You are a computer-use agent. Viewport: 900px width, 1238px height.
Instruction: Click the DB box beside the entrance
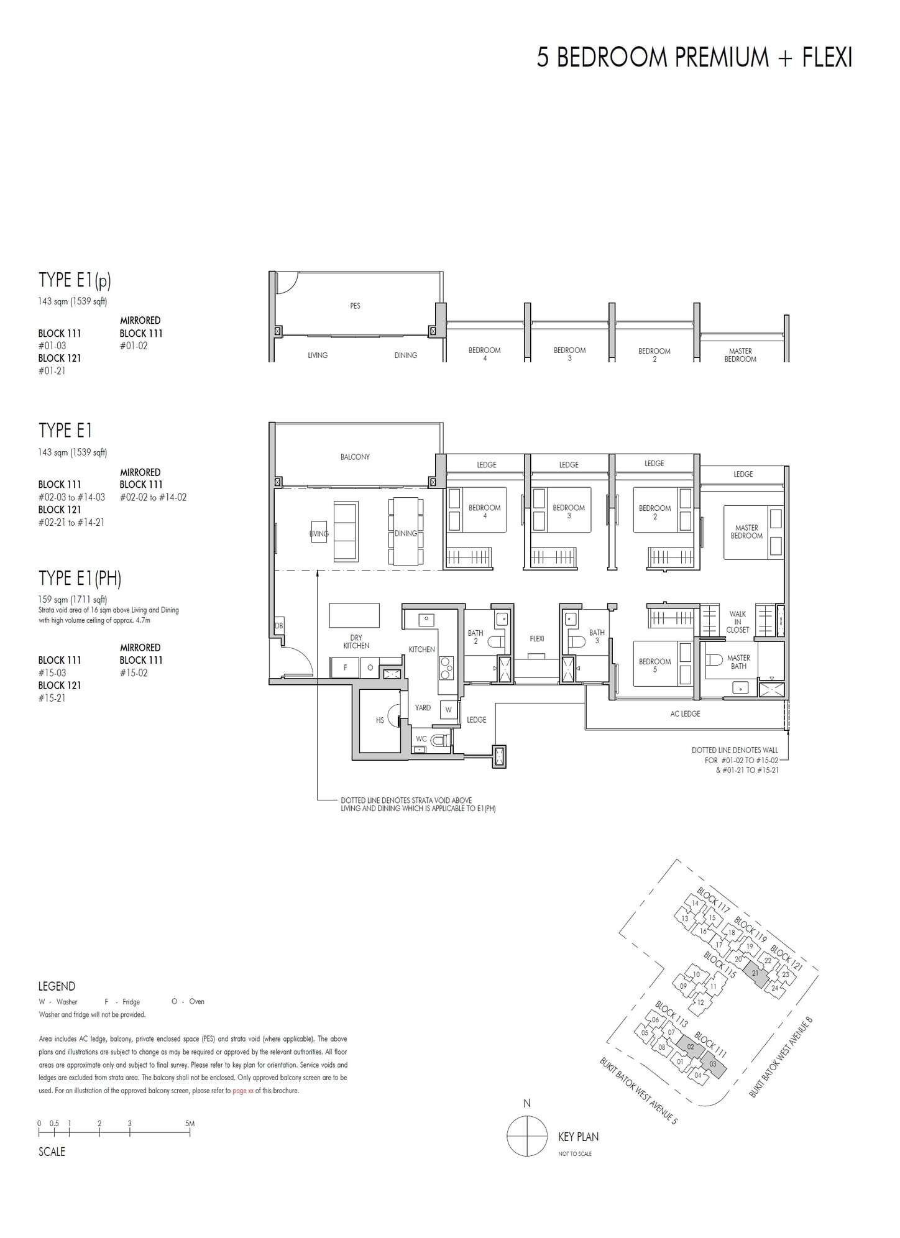click(278, 626)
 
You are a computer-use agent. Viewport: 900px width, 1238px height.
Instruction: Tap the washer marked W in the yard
click(448, 710)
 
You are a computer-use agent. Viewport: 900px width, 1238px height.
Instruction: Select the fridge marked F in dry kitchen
click(346, 667)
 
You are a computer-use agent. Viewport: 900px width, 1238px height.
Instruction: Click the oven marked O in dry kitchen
click(370, 667)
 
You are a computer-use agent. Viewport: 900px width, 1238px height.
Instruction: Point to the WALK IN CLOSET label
click(738, 621)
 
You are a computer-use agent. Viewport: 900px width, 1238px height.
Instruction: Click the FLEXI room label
click(536, 638)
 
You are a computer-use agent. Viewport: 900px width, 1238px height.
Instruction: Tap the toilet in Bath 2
click(493, 641)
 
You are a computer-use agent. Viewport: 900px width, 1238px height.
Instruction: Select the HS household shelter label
click(380, 720)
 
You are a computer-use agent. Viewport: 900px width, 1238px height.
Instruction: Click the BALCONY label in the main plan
click(355, 457)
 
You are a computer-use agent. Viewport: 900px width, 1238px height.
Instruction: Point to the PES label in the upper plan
click(355, 306)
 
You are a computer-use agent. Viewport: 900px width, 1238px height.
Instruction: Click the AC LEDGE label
click(685, 713)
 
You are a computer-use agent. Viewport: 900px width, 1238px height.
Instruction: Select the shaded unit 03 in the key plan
click(712, 1063)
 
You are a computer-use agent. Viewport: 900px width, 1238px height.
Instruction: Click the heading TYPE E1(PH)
click(80, 579)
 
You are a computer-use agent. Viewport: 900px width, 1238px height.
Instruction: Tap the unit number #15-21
click(52, 698)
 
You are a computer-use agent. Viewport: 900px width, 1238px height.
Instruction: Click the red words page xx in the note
click(242, 1091)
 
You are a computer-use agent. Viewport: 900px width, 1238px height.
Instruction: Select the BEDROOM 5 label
click(654, 666)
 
